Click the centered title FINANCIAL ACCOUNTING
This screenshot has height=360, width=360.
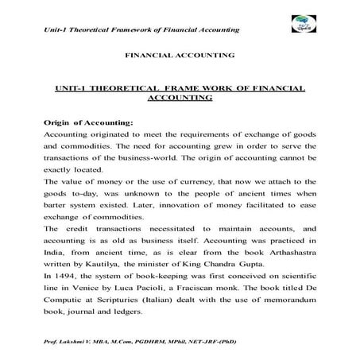pos(180,56)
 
